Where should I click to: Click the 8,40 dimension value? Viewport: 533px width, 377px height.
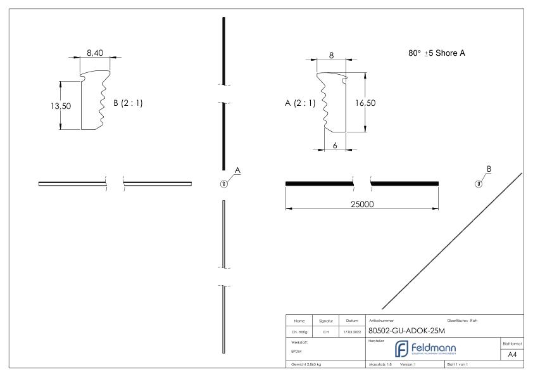point(96,53)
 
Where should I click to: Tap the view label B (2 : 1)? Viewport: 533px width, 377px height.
point(128,104)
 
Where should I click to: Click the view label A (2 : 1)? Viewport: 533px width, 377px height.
point(299,103)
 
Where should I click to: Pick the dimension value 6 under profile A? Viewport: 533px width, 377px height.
point(335,145)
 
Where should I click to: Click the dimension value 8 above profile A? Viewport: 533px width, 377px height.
point(330,55)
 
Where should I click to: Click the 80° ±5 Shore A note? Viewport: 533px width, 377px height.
point(437,53)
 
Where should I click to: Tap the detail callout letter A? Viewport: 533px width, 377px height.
point(237,170)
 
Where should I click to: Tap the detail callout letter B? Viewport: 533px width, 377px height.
point(488,169)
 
